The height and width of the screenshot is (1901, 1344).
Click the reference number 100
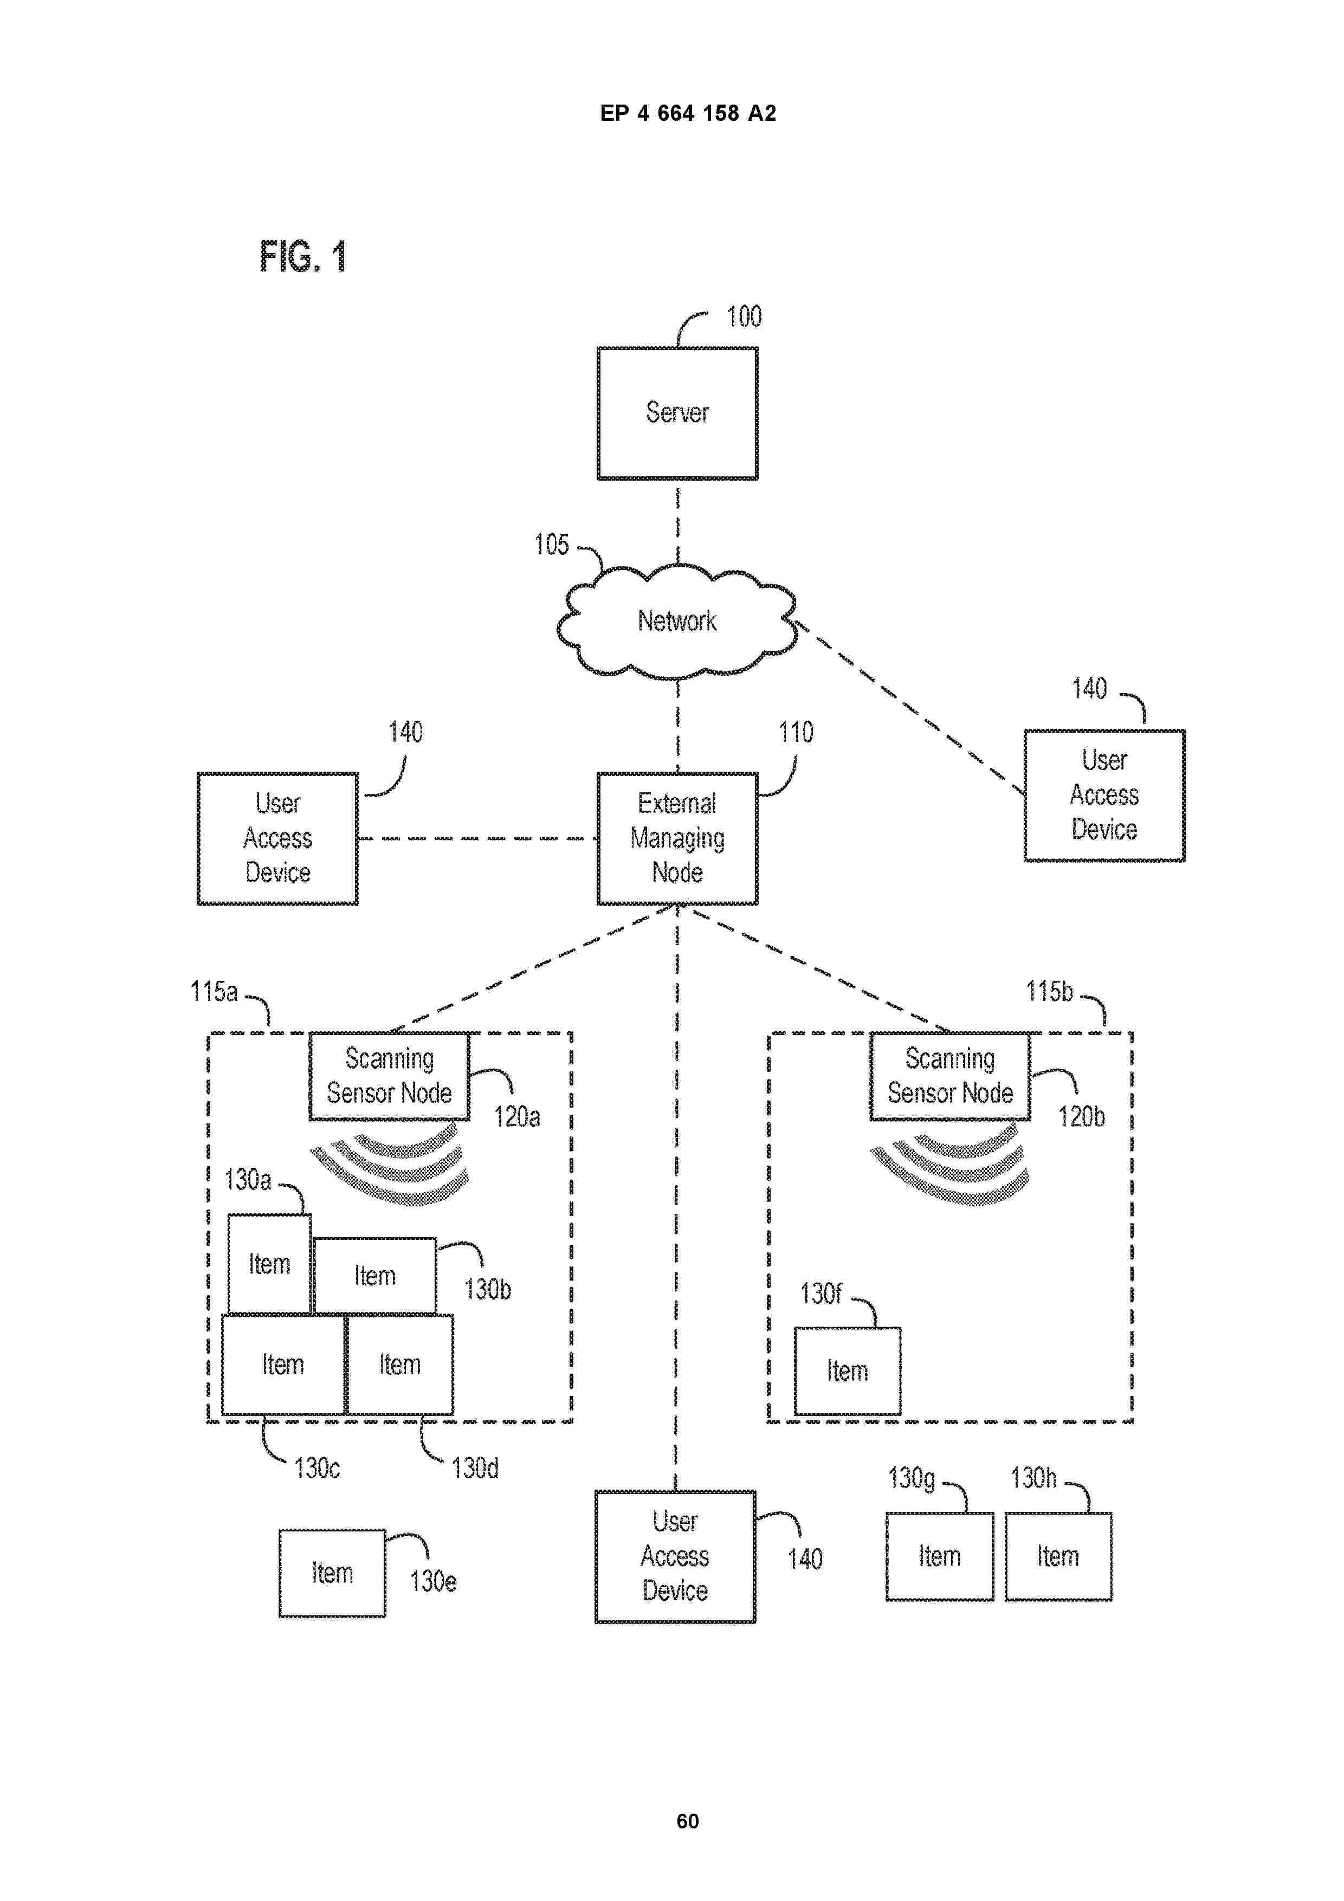coord(744,316)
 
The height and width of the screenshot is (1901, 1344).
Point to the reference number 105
coord(552,545)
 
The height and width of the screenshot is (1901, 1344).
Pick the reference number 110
coord(795,732)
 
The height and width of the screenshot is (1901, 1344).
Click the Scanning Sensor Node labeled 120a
coord(389,1076)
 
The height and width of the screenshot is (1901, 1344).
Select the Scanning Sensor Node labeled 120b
coord(950,1076)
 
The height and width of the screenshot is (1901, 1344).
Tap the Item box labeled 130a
coord(269,1264)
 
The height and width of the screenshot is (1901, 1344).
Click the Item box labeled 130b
coord(374,1275)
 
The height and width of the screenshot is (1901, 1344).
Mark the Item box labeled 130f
coord(847,1370)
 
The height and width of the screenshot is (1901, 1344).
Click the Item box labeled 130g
coord(939,1556)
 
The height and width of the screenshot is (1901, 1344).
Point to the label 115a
coord(214,991)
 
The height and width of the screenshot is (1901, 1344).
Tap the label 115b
coord(1049,991)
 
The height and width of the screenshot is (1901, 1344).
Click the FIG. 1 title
coord(302,257)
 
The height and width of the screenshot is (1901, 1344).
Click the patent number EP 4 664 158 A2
coord(687,113)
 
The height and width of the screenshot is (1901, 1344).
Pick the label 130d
coord(475,1468)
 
